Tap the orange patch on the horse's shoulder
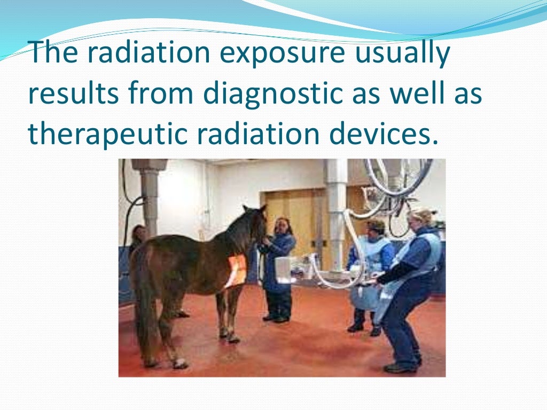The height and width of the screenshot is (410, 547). point(236,270)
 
